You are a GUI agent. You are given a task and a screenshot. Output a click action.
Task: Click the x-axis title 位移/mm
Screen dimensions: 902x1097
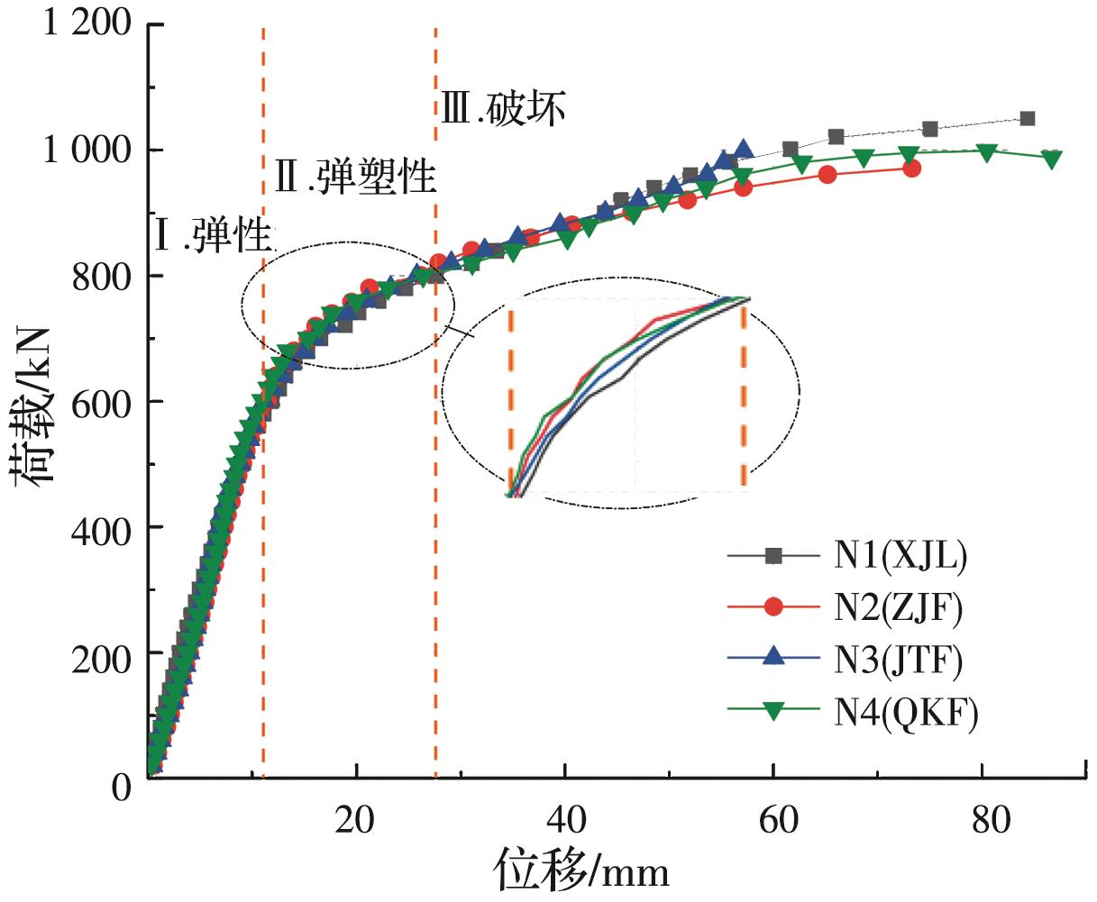[x=580, y=872]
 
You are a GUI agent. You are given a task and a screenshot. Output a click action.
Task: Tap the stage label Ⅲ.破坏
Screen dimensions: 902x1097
[x=503, y=109]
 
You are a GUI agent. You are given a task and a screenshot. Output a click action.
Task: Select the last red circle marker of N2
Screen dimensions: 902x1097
[x=912, y=168]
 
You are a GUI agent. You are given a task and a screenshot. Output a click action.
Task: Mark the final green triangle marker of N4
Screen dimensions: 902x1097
[x=1050, y=159]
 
